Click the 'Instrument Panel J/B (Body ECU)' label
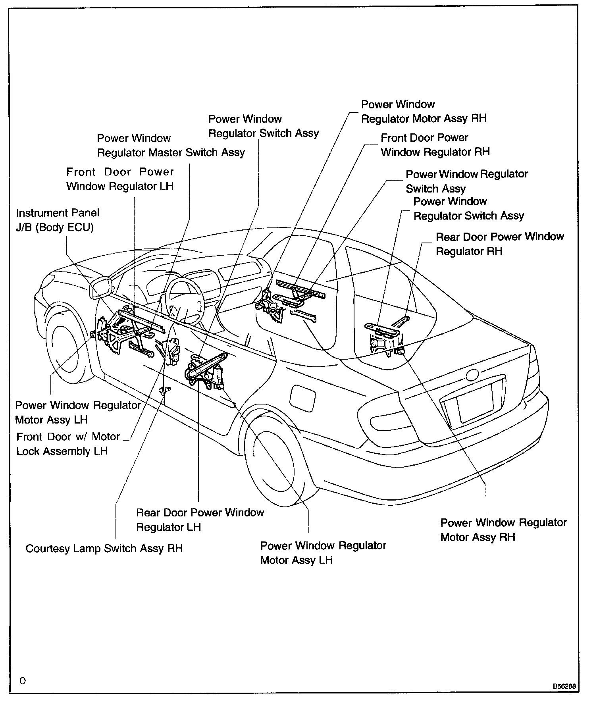click(58, 220)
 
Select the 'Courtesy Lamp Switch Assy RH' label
click(104, 549)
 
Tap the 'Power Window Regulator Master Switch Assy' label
click(171, 145)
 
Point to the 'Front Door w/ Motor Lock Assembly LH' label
click(68, 444)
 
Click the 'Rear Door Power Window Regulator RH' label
click(499, 244)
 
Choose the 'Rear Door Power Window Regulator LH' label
click(200, 520)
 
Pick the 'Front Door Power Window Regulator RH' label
click(435, 145)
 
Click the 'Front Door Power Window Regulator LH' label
click(120, 179)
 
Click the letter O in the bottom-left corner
click(23, 681)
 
